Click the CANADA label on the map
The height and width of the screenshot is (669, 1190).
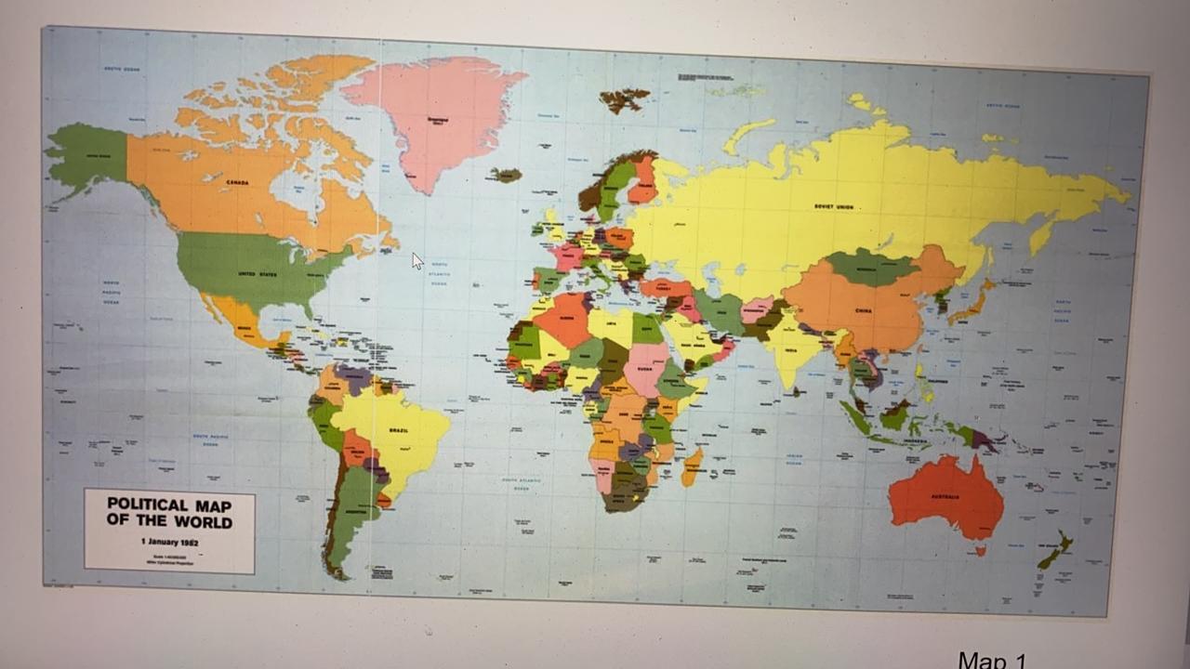[x=237, y=183]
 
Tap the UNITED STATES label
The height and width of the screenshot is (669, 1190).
[x=258, y=274]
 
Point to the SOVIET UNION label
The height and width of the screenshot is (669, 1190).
[x=833, y=206]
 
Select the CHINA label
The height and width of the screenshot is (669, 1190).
[x=864, y=310]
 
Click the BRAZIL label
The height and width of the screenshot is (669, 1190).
[x=398, y=430]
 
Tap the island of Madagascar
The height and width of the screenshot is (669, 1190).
[x=693, y=466]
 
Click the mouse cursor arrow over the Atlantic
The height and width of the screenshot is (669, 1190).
[x=417, y=262]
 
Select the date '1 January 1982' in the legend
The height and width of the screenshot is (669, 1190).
[x=169, y=541]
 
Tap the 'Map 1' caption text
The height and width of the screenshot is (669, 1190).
[x=992, y=661]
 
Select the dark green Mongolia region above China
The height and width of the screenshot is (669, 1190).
[x=872, y=268]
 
